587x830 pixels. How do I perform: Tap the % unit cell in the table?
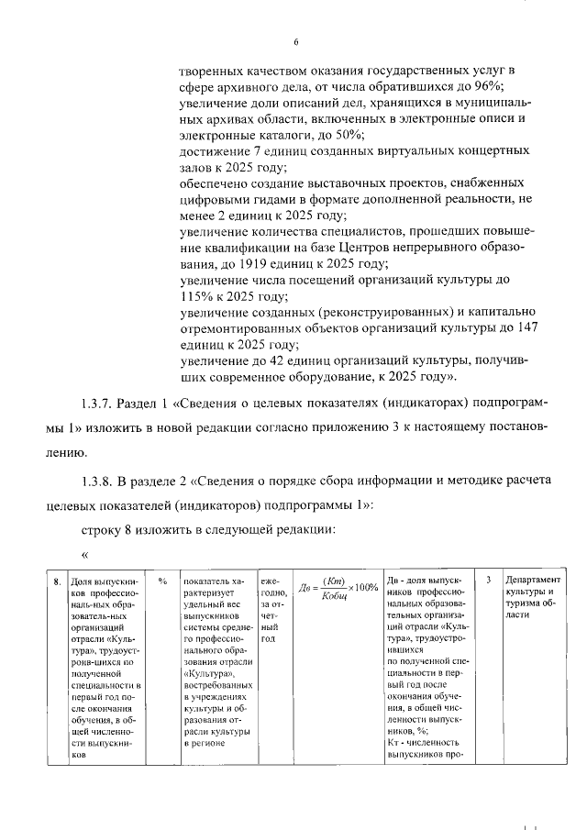pyautogui.click(x=161, y=581)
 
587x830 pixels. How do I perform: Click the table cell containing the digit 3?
pyautogui.click(x=488, y=581)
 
